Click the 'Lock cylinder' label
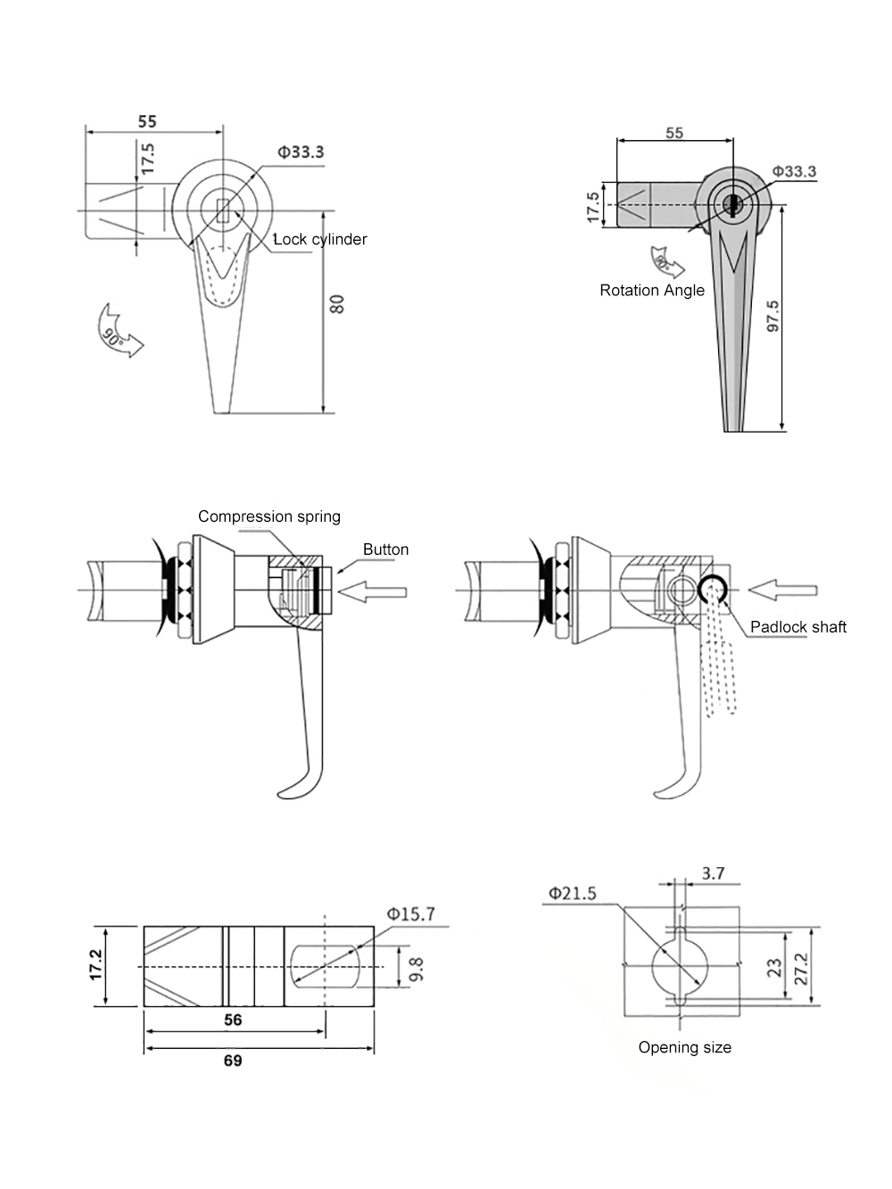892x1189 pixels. click(x=319, y=239)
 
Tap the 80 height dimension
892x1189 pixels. click(x=337, y=303)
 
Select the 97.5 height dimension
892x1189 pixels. click(x=772, y=316)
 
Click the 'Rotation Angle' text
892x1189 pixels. click(x=652, y=290)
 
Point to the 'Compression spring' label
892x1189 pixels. click(x=268, y=516)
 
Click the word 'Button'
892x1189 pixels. click(x=385, y=549)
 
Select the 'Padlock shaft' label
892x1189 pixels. click(x=797, y=627)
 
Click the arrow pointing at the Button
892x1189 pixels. click(x=375, y=590)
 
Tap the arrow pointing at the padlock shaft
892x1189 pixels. click(x=782, y=590)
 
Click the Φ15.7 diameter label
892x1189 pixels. click(x=410, y=914)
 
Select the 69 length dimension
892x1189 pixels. click(x=232, y=1061)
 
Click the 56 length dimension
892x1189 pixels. click(x=232, y=1020)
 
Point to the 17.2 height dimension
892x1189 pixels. click(x=96, y=966)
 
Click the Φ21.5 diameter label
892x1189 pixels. click(x=572, y=893)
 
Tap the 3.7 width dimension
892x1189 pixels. click(x=713, y=873)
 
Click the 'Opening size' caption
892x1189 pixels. click(x=684, y=1047)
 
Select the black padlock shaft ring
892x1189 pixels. click(x=713, y=590)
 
